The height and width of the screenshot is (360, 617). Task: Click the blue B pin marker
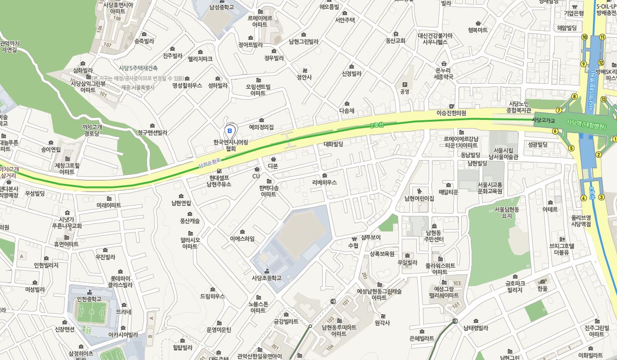[x=230, y=131]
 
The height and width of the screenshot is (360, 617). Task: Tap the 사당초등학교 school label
[x=266, y=278]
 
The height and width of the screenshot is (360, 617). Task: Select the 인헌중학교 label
[x=89, y=299]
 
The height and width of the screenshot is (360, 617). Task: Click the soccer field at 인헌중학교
[x=91, y=314]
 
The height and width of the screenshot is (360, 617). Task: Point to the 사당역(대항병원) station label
[x=586, y=124]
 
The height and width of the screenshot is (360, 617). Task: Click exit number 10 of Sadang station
[x=585, y=37]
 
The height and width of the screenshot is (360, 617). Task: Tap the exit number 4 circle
[x=584, y=198]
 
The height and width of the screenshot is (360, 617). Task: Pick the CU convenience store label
[x=256, y=176]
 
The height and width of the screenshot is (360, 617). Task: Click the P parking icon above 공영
[x=404, y=85]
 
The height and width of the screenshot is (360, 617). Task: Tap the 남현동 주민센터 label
[x=434, y=236]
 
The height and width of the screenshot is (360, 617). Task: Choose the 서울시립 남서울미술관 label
[x=503, y=154]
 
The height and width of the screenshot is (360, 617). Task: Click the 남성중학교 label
[x=221, y=7]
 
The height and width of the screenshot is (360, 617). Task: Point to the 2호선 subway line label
[x=377, y=125]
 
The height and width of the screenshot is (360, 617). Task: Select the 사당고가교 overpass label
[x=543, y=120]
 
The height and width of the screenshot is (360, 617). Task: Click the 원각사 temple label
[x=382, y=322]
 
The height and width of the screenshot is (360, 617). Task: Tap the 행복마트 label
[x=478, y=30]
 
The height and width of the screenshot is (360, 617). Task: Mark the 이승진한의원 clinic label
[x=451, y=113]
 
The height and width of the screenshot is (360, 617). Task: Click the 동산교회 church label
[x=395, y=40]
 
